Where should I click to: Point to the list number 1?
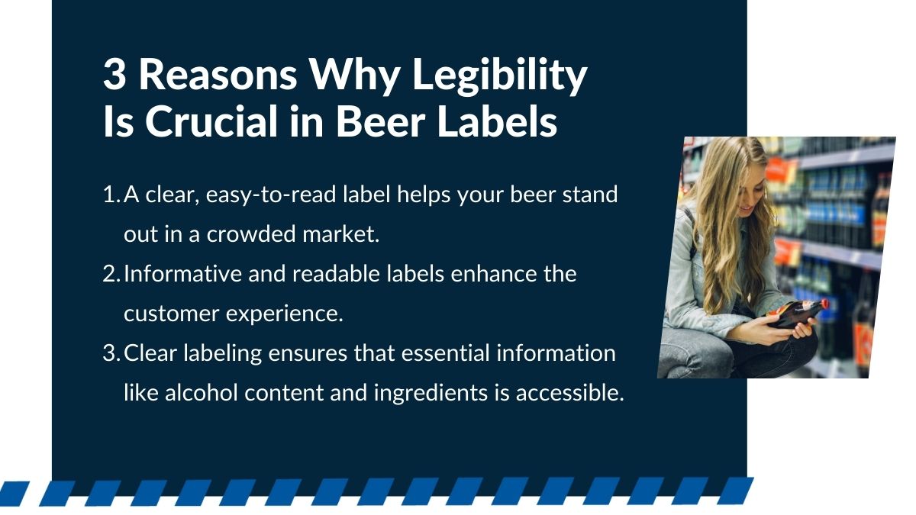(109, 195)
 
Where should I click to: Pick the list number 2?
(109, 274)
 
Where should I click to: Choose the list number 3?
(109, 353)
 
